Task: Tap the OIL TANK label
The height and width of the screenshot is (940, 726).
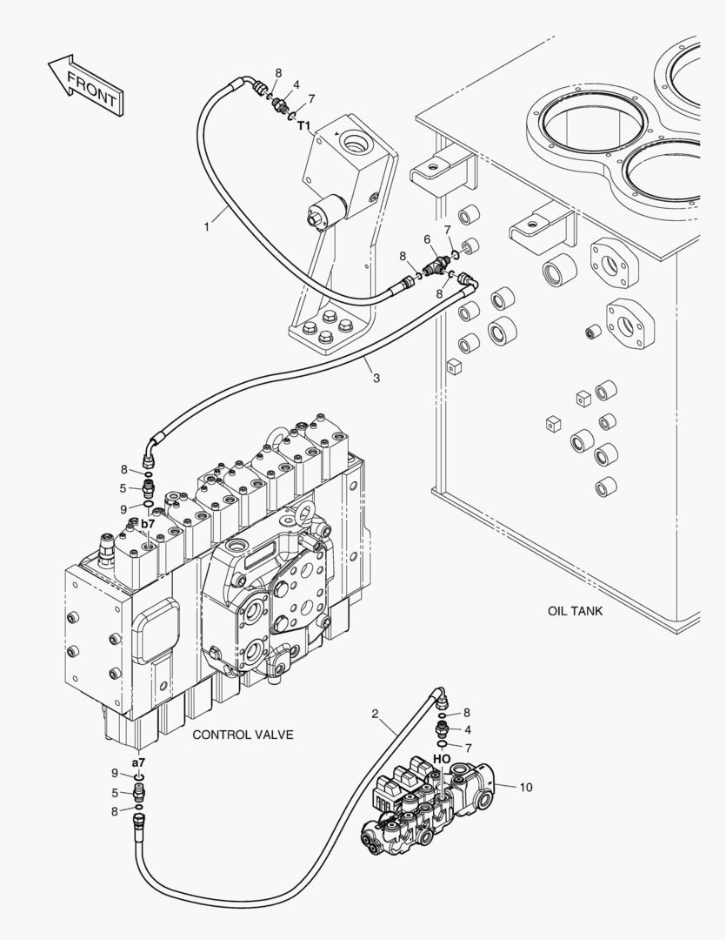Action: click(x=575, y=611)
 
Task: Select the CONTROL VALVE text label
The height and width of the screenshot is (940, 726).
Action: click(x=243, y=735)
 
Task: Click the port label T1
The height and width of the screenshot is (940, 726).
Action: click(x=304, y=125)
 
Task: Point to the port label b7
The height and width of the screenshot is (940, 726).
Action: click(x=148, y=523)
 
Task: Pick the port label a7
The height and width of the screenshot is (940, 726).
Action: click(x=138, y=762)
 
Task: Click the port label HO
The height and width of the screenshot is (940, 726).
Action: click(x=442, y=759)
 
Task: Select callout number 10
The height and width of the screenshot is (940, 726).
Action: click(x=525, y=787)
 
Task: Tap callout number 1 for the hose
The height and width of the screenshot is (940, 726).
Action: click(x=207, y=227)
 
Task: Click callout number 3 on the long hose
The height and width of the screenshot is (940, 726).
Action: click(x=376, y=379)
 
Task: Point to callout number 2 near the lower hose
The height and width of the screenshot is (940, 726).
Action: click(x=375, y=714)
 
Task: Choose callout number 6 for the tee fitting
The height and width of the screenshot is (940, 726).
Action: click(x=427, y=239)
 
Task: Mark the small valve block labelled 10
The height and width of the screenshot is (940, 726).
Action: click(x=429, y=804)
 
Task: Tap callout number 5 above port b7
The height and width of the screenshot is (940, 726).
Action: click(x=123, y=488)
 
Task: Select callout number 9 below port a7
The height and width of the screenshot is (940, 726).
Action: click(x=115, y=774)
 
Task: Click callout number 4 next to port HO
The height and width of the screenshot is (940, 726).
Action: click(x=468, y=730)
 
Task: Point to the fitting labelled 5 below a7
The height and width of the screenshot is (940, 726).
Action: click(x=139, y=794)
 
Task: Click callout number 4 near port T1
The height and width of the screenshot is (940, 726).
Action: click(x=296, y=85)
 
